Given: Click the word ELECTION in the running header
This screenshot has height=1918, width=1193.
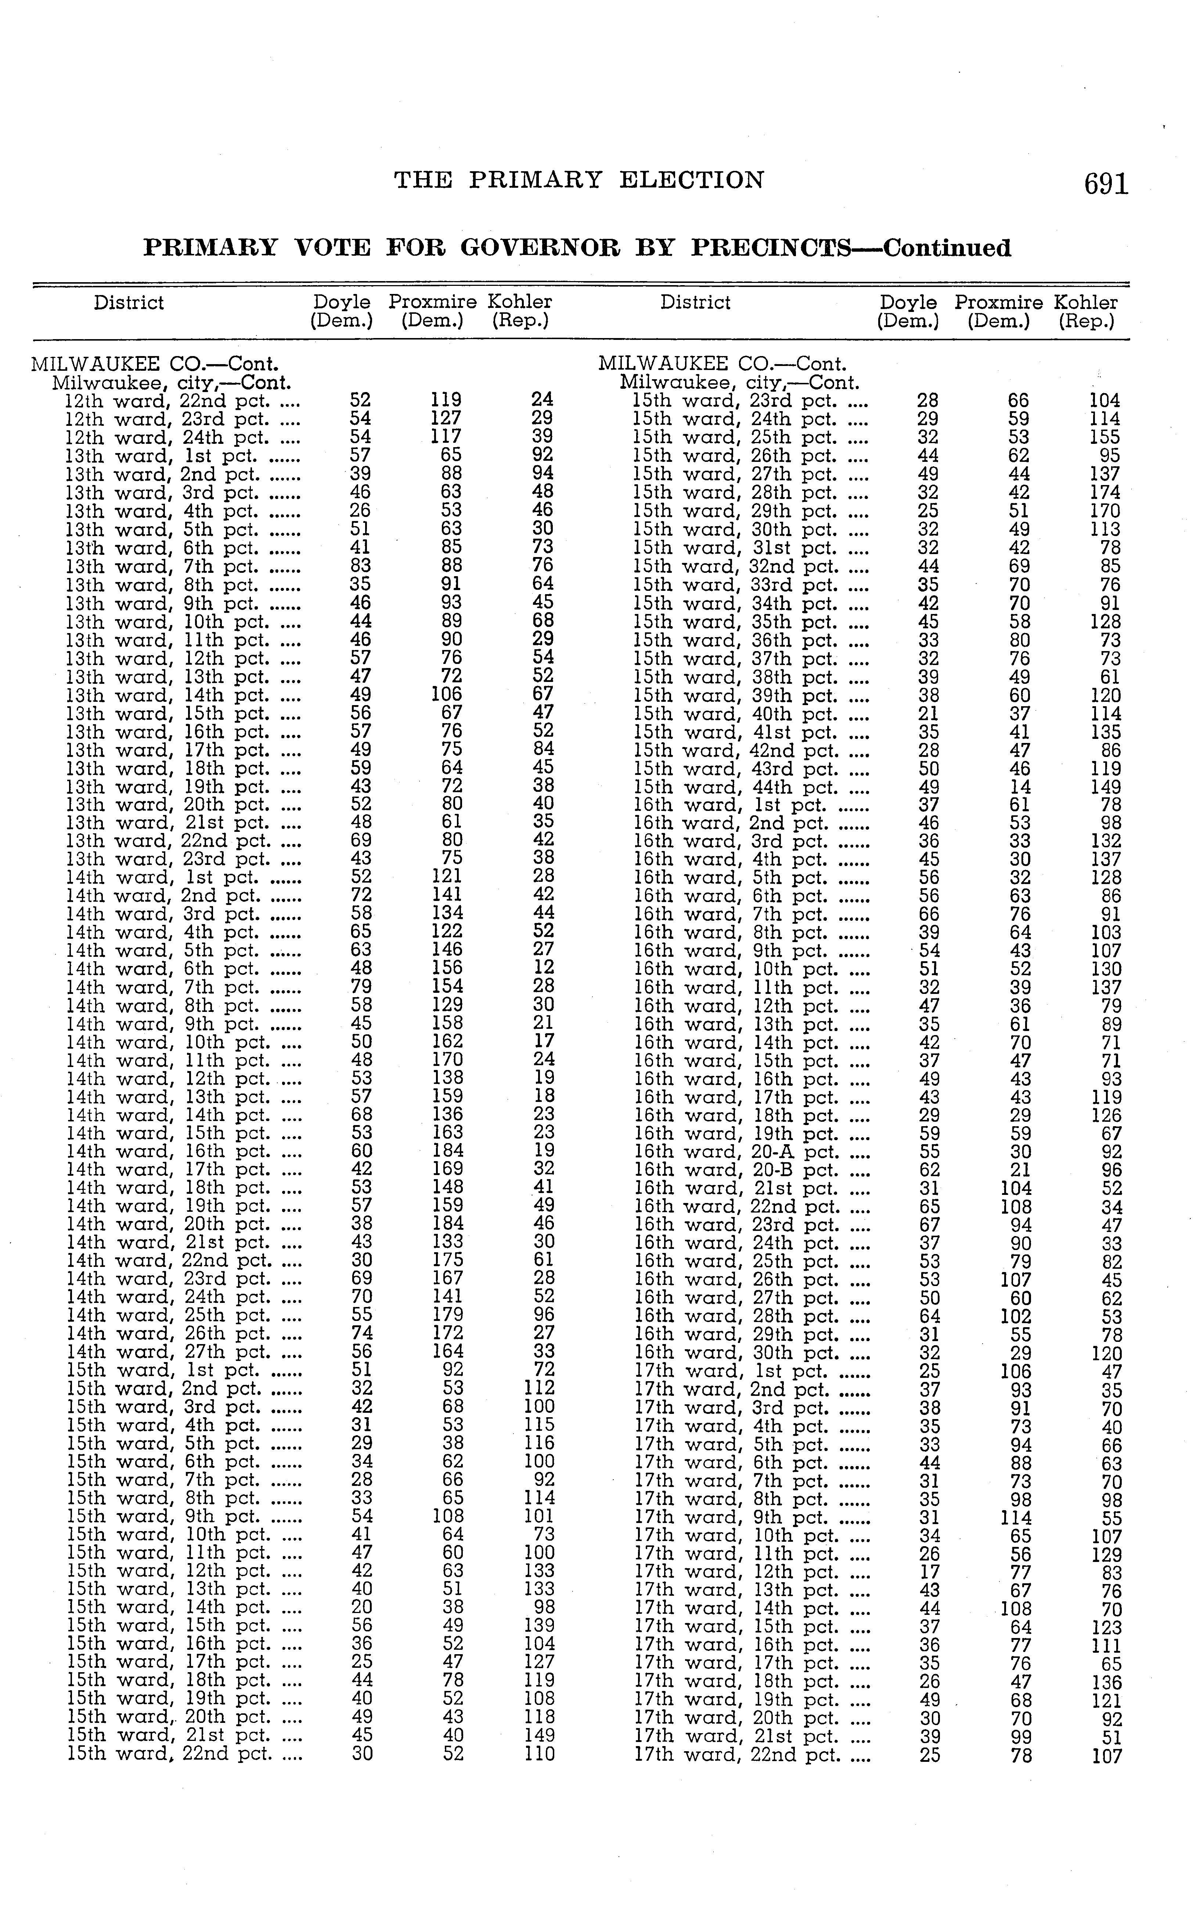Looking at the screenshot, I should pos(691,181).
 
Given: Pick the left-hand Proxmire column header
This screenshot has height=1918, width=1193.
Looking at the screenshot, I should pos(432,302).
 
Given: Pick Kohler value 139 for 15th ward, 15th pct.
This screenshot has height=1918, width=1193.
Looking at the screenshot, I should pos(540,1625).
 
